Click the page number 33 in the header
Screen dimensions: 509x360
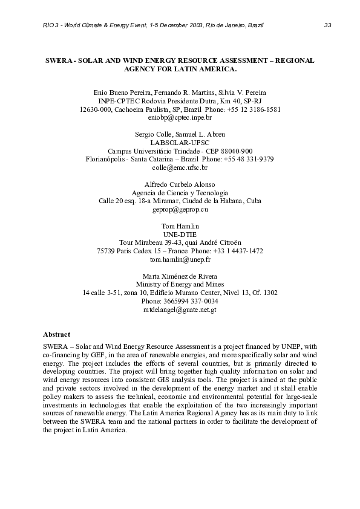tap(327, 25)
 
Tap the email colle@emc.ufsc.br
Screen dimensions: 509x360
tap(180, 167)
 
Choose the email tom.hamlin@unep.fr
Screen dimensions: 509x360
tap(180, 259)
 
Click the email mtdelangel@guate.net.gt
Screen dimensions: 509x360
tap(180, 309)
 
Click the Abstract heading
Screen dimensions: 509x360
tap(56, 334)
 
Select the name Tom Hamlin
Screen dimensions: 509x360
tap(180, 225)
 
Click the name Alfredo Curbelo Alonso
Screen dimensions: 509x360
tap(180, 184)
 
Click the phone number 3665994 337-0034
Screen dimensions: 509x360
tap(180, 300)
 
